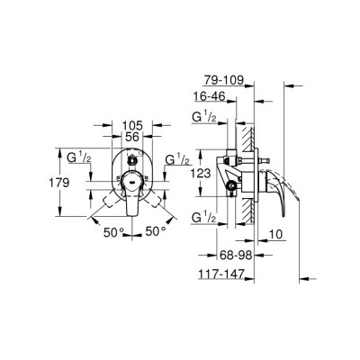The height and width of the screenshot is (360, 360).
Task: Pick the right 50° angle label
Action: click(x=156, y=232)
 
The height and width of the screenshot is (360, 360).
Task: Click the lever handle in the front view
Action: click(x=132, y=199)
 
